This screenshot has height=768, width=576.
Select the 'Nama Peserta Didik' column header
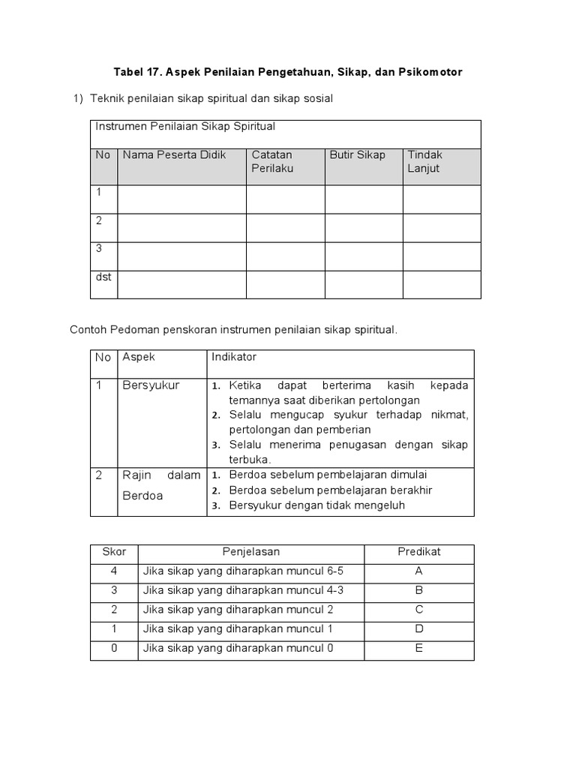[x=174, y=155]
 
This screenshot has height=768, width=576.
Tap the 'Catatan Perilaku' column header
[x=272, y=161]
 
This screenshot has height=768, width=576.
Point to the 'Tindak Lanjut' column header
[x=424, y=161]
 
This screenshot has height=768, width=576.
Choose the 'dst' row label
[x=103, y=277]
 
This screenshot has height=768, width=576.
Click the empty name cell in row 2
[x=181, y=228]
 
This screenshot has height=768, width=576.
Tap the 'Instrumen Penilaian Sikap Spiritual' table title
[x=185, y=126]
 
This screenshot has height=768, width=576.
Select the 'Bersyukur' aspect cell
[x=151, y=385]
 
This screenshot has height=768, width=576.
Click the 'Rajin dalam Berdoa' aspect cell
[x=160, y=485]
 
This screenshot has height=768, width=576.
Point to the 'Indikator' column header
[x=234, y=357]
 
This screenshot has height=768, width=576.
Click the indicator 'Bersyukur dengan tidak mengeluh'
[x=316, y=505]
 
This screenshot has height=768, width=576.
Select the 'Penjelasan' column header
[x=250, y=552]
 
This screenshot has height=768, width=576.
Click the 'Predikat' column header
[x=418, y=552]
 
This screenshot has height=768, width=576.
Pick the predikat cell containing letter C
[x=418, y=610]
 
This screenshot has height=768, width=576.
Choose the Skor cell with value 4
[x=114, y=571]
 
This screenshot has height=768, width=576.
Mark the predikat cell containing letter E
[x=418, y=649]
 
